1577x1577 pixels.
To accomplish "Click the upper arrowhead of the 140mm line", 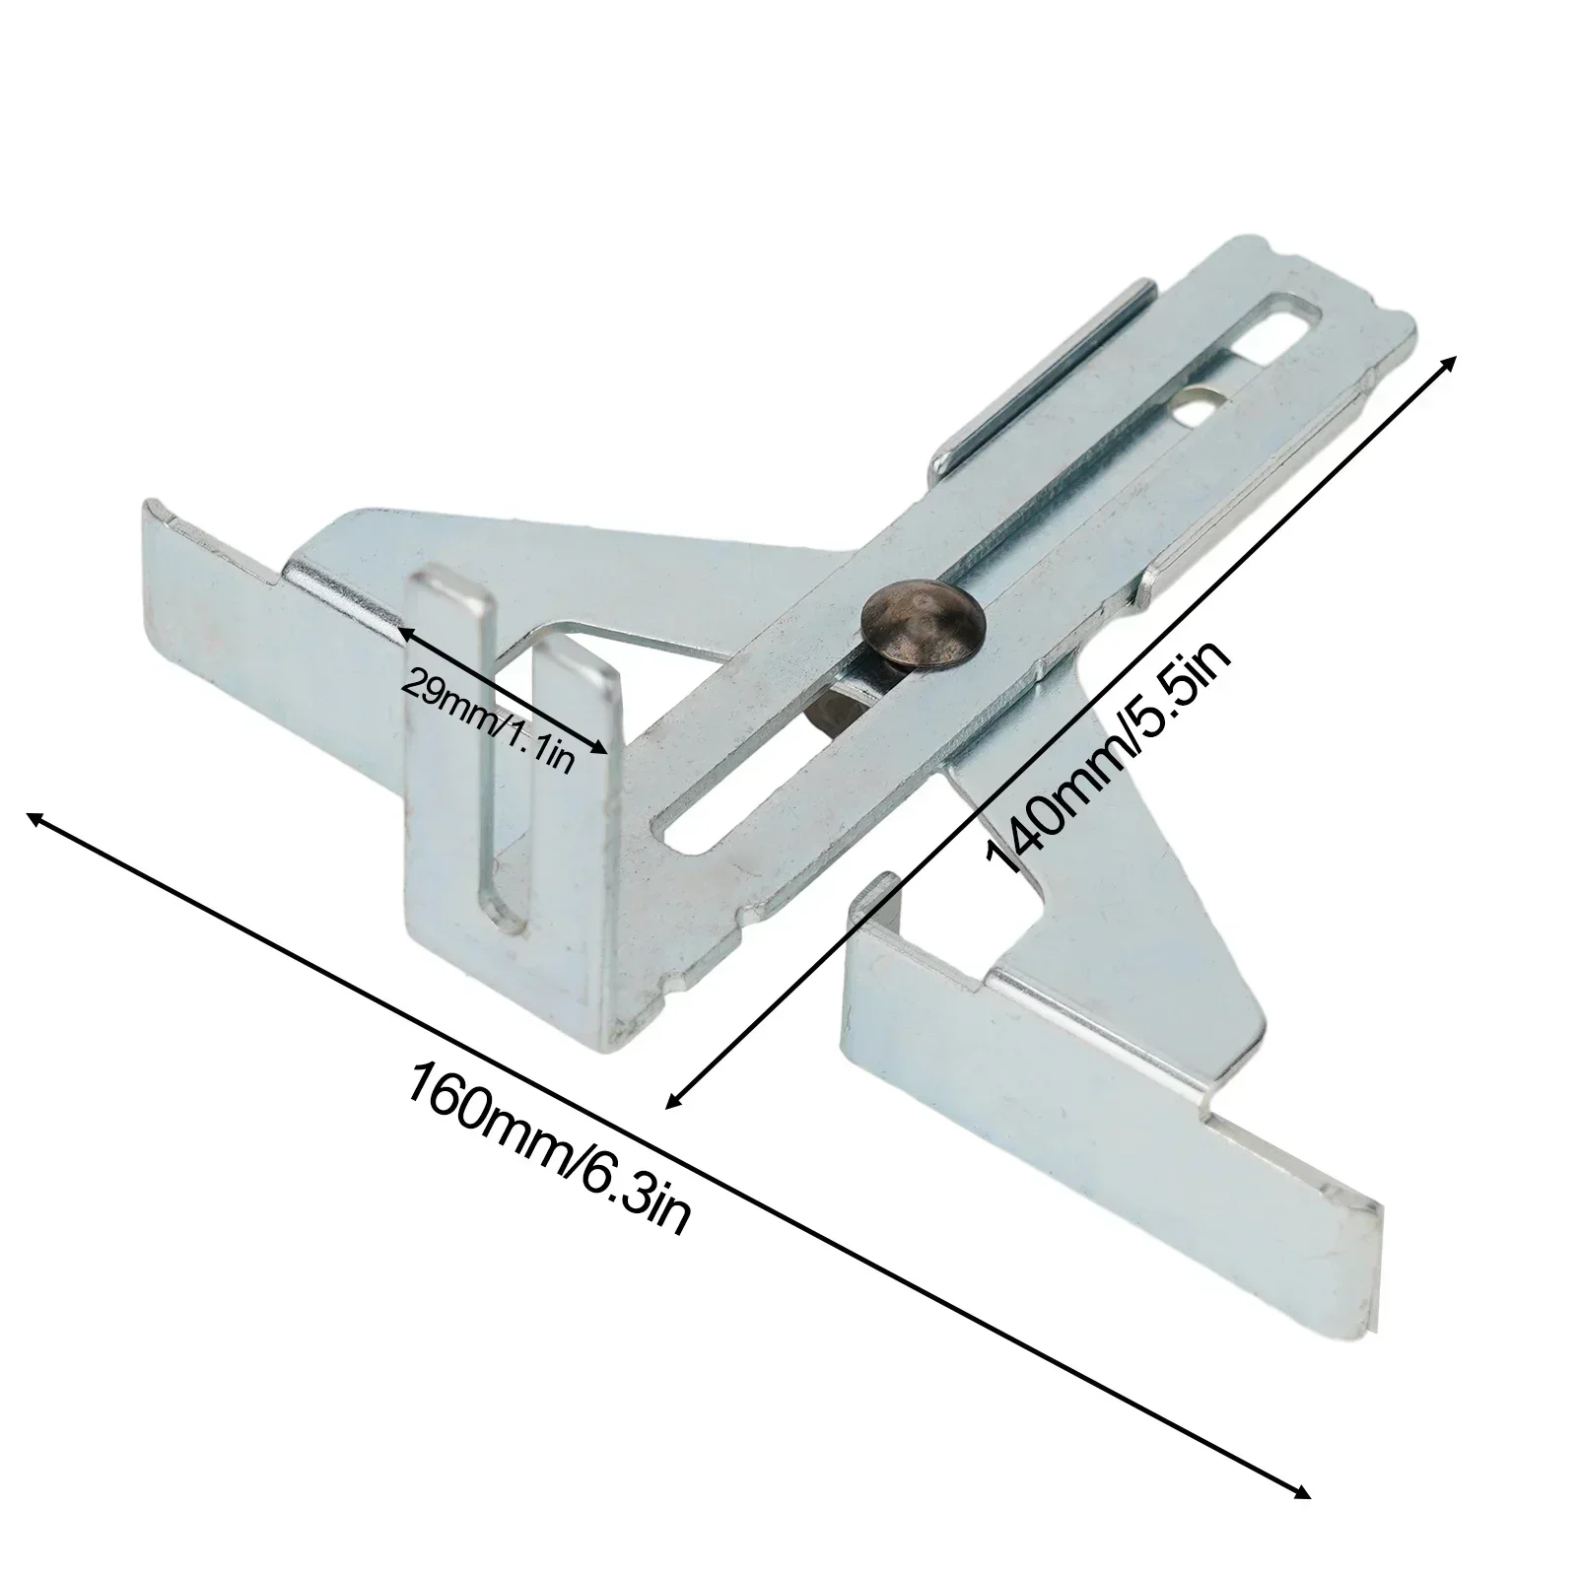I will click(x=1450, y=362).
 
